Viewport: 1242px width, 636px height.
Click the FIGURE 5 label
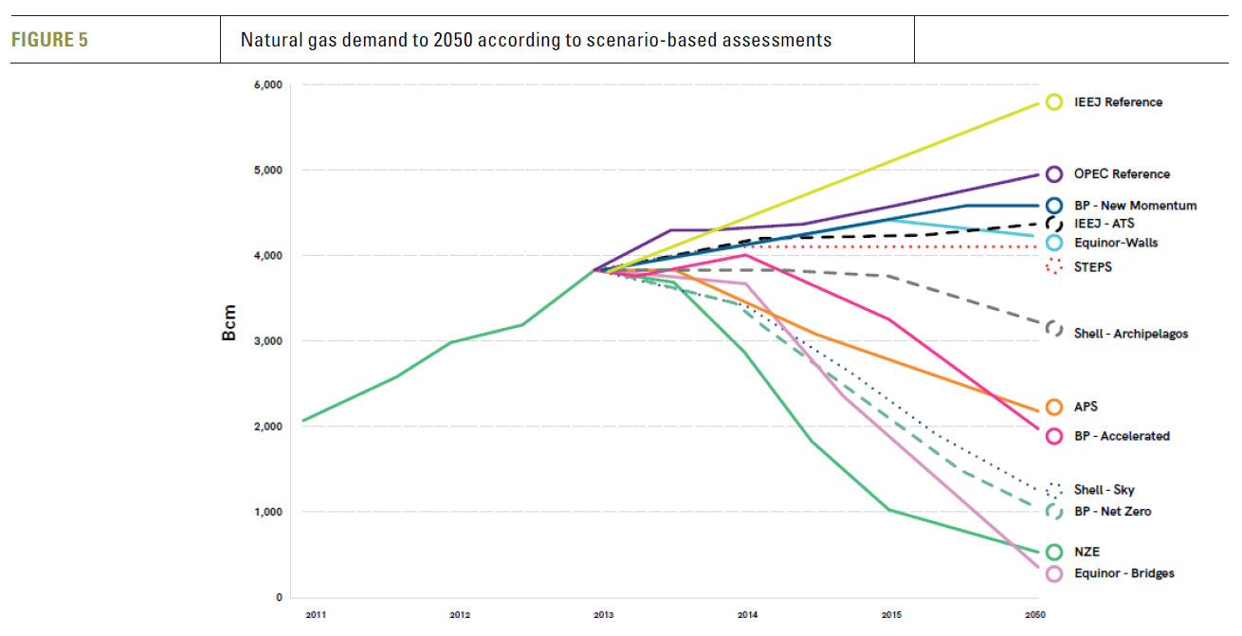click(x=49, y=40)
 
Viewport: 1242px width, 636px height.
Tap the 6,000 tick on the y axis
click(x=268, y=85)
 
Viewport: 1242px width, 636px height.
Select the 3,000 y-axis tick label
click(x=268, y=341)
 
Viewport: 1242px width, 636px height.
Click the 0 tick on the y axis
click(x=278, y=597)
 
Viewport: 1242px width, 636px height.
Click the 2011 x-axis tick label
click(x=316, y=616)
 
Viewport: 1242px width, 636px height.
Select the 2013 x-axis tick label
click(x=603, y=616)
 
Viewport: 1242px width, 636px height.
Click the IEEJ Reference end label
click(x=1118, y=102)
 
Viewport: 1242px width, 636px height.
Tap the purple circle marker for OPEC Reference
click(x=1053, y=174)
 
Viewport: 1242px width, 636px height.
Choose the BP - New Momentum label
click(x=1135, y=206)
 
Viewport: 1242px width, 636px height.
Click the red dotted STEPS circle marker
click(x=1053, y=267)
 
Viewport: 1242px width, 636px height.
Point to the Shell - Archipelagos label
click(x=1131, y=334)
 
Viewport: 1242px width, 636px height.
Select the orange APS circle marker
click(x=1053, y=408)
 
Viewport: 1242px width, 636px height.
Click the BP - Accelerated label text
click(x=1122, y=437)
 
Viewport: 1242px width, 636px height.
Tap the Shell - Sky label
click(x=1104, y=490)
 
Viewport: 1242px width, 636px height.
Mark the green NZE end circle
click(x=1053, y=553)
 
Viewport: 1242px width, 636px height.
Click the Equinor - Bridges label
click(x=1124, y=573)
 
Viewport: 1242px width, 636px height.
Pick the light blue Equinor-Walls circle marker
click(x=1053, y=243)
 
